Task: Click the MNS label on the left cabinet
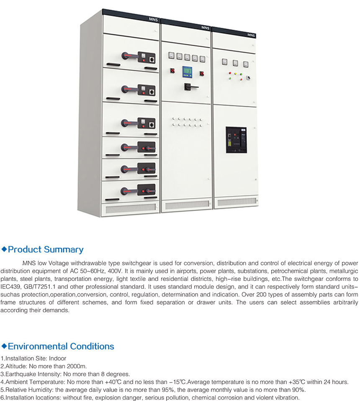154,19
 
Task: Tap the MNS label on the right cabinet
251,35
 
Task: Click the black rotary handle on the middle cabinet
191,87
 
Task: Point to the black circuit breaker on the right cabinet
236,140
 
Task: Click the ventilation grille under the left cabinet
131,209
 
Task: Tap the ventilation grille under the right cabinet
237,202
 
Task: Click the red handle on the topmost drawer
130,55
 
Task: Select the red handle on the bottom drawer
130,191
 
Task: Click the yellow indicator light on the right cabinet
235,74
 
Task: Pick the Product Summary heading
46,249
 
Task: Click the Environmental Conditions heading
61,346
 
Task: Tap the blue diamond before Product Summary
4,249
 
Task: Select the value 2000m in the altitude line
77,366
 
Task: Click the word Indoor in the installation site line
57,359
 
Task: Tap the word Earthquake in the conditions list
21,374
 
